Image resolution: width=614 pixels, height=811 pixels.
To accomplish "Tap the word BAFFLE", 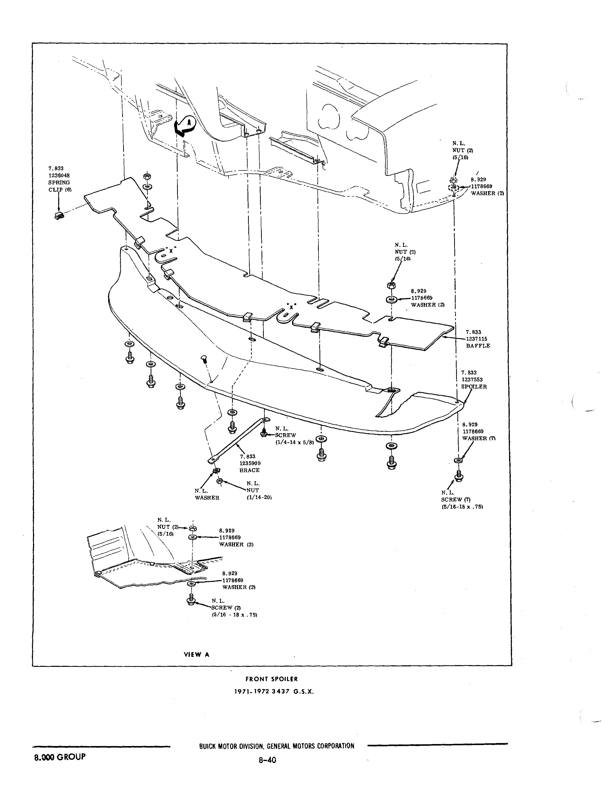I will click(478, 346).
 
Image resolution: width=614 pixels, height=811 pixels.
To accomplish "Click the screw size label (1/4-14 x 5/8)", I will click(295, 442).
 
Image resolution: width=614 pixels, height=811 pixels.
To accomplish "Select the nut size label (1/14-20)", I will click(259, 497).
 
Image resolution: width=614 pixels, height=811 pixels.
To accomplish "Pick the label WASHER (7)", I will click(479, 438).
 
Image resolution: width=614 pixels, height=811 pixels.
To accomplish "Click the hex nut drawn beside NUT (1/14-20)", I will click(220, 481).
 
